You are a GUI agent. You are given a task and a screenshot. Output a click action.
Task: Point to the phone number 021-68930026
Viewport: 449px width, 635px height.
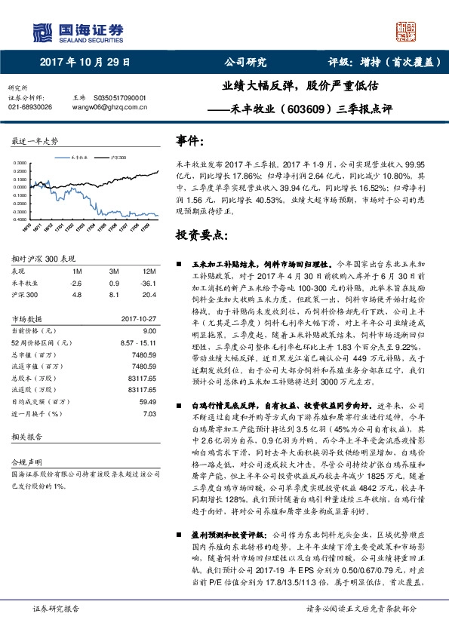pyautogui.click(x=30, y=108)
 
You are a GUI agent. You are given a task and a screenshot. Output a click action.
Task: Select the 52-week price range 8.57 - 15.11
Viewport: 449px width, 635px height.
pyautogui.click(x=137, y=343)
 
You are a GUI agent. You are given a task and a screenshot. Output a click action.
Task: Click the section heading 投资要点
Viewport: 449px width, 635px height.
pyautogui.click(x=200, y=235)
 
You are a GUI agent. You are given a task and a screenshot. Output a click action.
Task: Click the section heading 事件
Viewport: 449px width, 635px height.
pyautogui.click(x=189, y=140)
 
